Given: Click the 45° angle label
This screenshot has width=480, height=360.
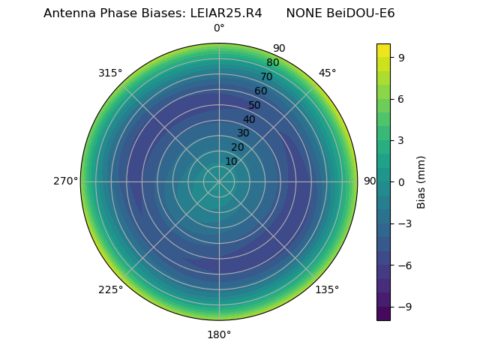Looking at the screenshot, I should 327,73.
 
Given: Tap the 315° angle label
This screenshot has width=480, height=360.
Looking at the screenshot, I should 110,73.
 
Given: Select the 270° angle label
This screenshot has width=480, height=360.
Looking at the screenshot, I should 65,181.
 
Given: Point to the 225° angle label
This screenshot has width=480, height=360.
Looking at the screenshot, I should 110,290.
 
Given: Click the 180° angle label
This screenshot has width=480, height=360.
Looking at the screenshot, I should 219,334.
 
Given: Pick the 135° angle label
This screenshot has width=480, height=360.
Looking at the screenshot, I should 327,290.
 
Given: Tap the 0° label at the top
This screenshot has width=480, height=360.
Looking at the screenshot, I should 219,28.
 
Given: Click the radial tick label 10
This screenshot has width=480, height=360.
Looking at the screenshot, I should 231,161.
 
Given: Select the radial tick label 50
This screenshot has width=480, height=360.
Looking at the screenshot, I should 255,105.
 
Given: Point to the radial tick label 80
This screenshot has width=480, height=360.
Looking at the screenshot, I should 272,63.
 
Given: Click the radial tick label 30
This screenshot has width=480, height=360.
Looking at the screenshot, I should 243,133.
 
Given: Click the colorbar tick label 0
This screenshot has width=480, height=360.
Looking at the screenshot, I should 401,181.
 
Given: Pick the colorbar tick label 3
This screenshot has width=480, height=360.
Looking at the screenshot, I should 401,140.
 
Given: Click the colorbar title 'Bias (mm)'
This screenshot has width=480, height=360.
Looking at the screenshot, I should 421,181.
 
